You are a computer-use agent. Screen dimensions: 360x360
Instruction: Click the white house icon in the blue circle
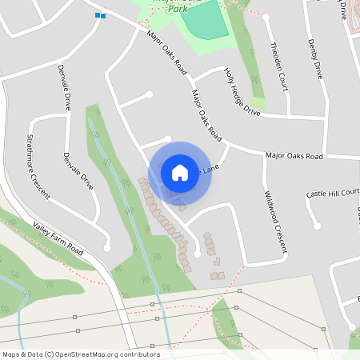(x=180, y=172)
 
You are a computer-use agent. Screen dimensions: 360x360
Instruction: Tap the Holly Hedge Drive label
(x=242, y=92)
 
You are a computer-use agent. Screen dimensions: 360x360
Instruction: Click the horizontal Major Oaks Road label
(x=294, y=155)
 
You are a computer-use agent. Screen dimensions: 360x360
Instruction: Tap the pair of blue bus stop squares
(x=100, y=15)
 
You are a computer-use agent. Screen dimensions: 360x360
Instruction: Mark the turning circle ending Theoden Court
(x=266, y=16)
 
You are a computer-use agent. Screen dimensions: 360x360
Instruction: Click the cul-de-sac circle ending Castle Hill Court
(x=317, y=226)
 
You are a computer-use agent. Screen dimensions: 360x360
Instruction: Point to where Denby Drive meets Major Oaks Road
(x=325, y=157)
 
